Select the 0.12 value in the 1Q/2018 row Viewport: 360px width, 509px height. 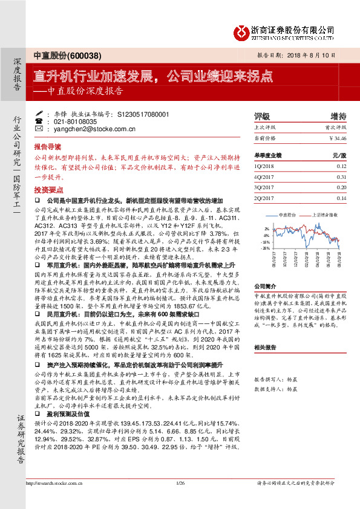tap(341, 166)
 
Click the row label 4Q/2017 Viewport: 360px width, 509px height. tap(266, 177)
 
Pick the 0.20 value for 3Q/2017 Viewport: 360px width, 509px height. tap(341, 187)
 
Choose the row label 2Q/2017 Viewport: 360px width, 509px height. tap(266, 198)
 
